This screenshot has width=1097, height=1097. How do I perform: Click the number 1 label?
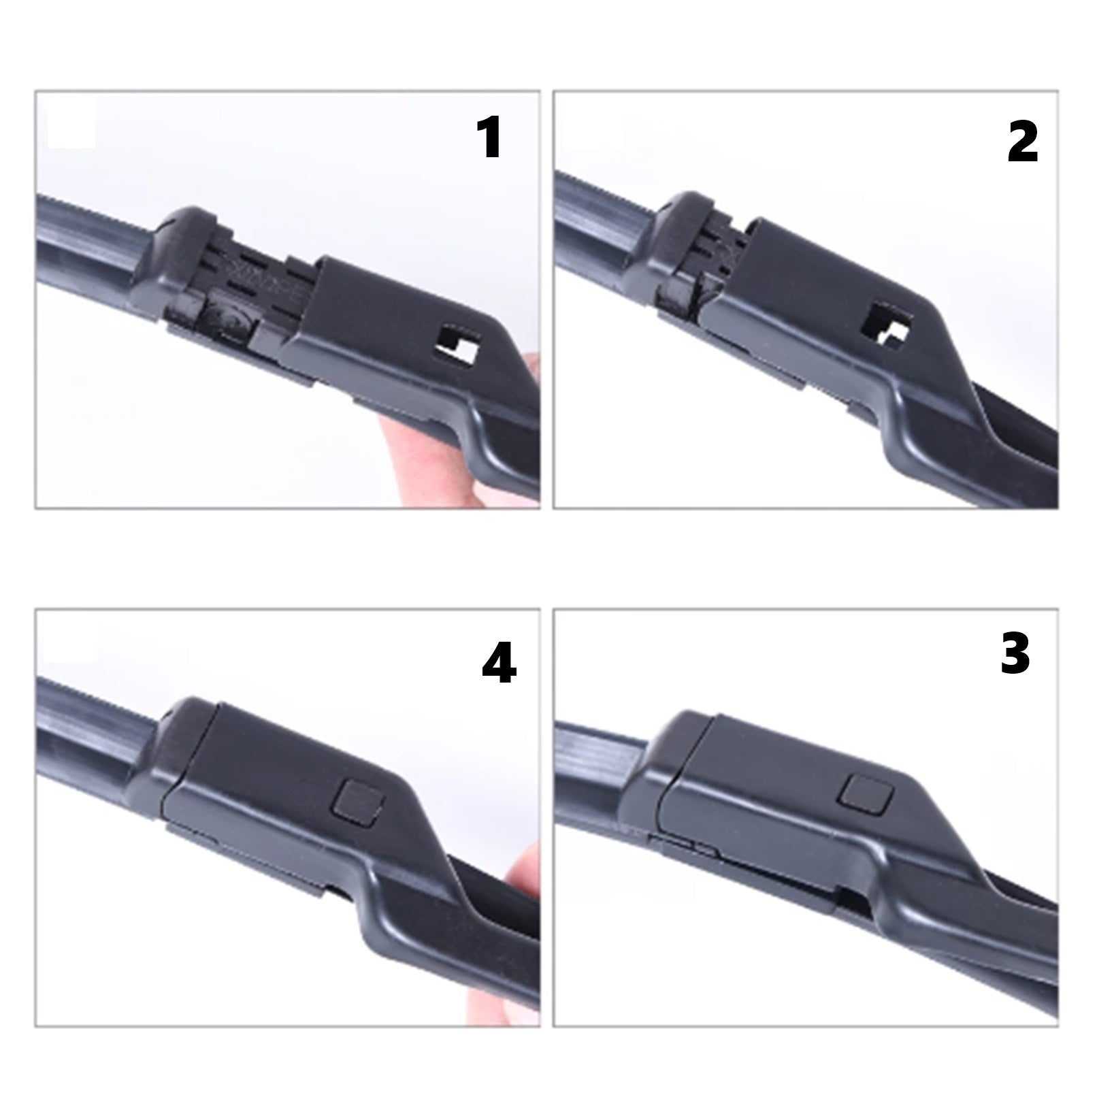(491, 137)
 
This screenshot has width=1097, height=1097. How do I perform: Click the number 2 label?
(1022, 142)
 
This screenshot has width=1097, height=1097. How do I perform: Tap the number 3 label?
(1015, 654)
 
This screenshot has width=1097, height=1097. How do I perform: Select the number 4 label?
(499, 662)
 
